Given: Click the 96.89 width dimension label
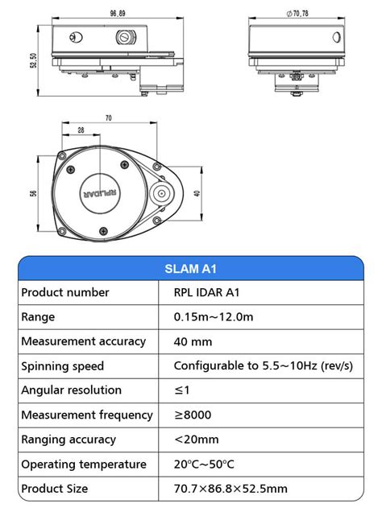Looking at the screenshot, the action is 118,13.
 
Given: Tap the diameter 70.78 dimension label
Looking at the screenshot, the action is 297,13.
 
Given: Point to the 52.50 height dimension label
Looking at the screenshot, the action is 34,60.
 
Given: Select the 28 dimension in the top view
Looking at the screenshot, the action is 81,130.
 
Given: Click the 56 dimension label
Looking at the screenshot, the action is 33,193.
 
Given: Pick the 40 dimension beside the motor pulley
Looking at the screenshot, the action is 197,193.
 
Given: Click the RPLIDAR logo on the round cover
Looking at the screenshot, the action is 100,193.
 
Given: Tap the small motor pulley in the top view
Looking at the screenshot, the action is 161,193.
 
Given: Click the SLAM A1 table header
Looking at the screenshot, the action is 190,269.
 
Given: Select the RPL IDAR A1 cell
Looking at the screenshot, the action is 206,292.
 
